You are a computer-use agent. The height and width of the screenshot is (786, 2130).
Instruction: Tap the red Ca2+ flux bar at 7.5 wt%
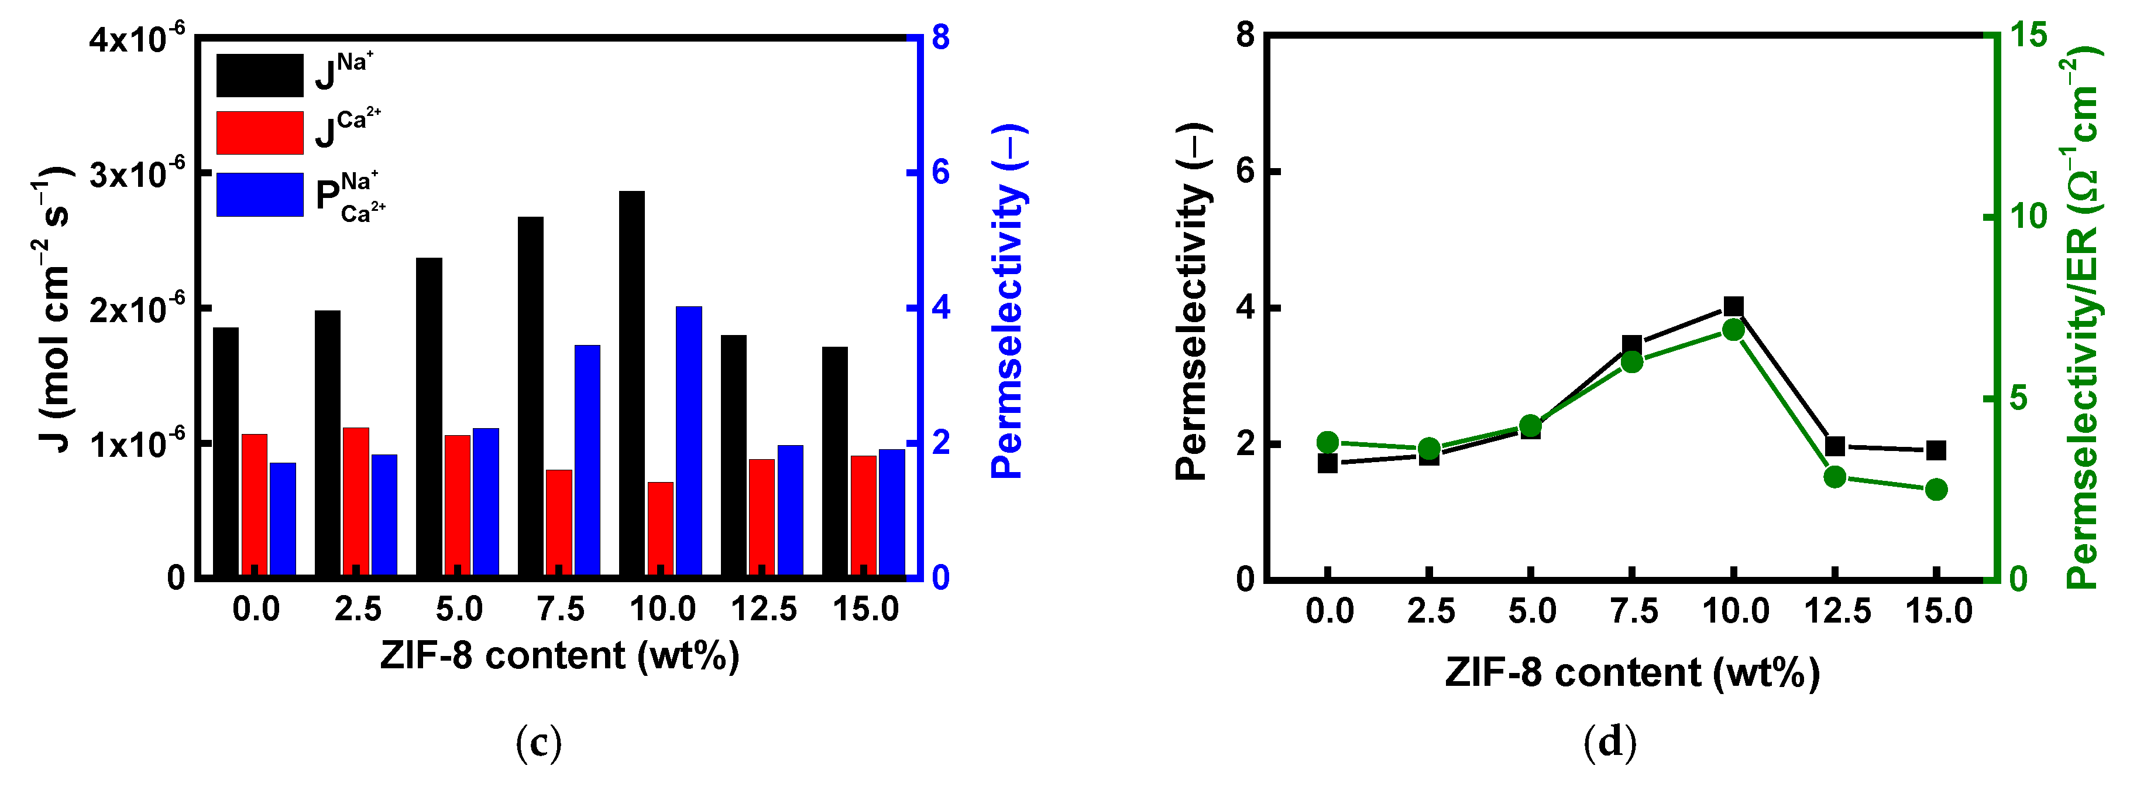point(559,521)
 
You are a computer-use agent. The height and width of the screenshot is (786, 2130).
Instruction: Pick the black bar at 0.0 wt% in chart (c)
point(226,451)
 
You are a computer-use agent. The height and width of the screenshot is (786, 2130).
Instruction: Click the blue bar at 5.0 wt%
point(485,501)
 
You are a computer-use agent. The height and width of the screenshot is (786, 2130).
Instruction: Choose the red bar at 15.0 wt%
point(863,514)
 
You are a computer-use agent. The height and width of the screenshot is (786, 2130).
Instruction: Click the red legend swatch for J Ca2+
point(260,132)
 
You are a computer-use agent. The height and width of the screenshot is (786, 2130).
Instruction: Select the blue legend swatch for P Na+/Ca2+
point(260,194)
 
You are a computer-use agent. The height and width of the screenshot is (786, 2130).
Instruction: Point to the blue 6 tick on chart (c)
point(941,173)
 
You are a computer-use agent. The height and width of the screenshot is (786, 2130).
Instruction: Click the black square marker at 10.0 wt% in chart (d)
point(1734,307)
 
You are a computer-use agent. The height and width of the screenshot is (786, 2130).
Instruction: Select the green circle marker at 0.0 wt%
point(1328,442)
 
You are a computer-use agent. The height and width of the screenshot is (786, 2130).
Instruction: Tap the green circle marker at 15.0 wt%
point(1936,490)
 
